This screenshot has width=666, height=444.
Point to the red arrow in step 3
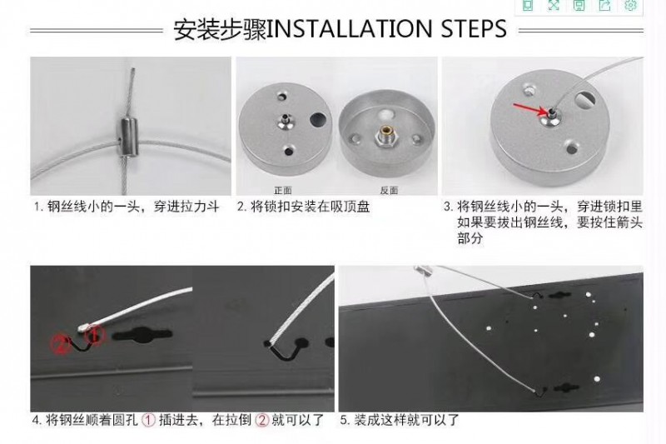click(530, 109)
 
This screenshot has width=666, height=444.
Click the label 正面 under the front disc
click(283, 190)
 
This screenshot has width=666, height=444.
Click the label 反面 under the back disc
click(389, 190)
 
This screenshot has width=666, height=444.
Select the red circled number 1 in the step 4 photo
click(96, 335)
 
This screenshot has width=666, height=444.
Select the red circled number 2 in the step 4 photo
click(62, 344)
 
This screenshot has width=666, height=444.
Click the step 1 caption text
click(127, 207)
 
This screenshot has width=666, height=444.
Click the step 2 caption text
click(303, 207)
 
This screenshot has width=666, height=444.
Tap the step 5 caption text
click(400, 420)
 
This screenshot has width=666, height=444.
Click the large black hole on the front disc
click(319, 119)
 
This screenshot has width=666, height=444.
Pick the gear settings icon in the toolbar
click(631, 5)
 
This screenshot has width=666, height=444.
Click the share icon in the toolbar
click(605, 5)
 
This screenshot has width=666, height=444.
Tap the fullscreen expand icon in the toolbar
click(554, 5)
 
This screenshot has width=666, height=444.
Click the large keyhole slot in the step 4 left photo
click(142, 336)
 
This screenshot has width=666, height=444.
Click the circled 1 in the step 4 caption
click(148, 420)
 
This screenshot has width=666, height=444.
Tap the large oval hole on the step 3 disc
click(586, 99)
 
